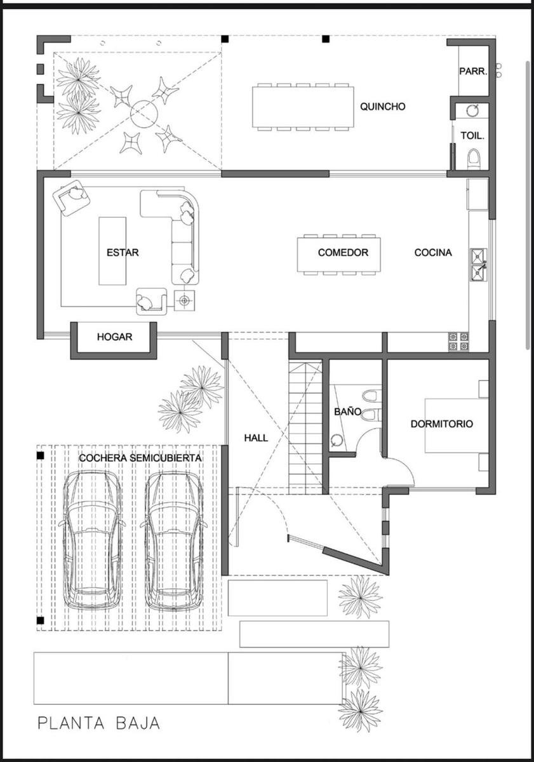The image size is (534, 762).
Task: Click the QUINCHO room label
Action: click(x=383, y=107)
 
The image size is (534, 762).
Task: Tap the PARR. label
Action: click(x=474, y=71)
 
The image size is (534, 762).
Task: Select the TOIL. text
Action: click(x=472, y=136)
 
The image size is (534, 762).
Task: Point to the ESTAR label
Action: click(x=123, y=253)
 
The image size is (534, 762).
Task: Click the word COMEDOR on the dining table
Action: click(x=343, y=253)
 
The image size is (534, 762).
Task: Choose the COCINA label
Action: click(x=433, y=253)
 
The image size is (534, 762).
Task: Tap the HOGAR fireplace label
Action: click(x=115, y=337)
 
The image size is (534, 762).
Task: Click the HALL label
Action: click(x=256, y=438)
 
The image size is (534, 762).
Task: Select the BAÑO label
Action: click(x=347, y=411)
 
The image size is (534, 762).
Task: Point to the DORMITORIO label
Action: click(x=442, y=424)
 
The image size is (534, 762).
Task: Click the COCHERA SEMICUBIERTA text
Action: click(x=140, y=458)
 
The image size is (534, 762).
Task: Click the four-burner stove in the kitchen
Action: click(x=458, y=342)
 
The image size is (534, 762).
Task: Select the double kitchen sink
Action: click(x=479, y=265)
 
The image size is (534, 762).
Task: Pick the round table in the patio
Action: click(x=144, y=114)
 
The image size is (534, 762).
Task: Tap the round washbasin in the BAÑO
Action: click(x=336, y=440)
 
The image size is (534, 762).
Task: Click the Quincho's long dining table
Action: click(x=303, y=107)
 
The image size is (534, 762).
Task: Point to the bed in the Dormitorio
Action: click(x=457, y=425)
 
